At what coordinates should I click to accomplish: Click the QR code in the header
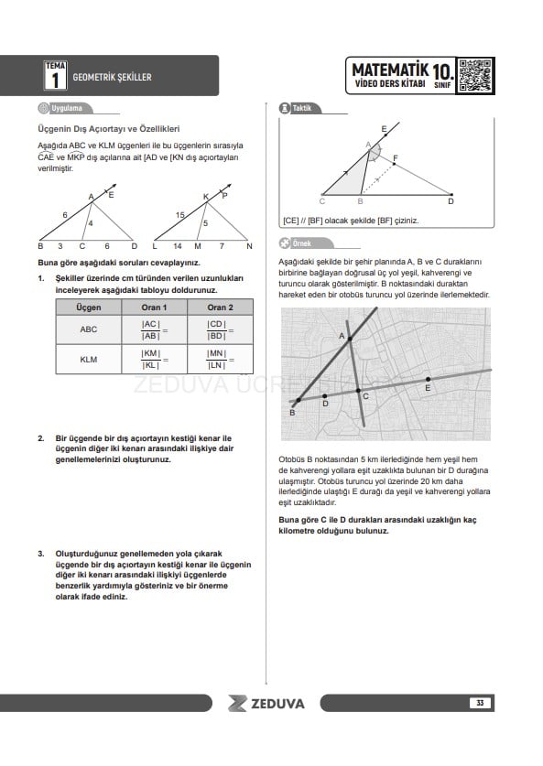474,75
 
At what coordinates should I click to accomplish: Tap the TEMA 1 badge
56,75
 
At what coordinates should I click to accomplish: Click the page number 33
480,703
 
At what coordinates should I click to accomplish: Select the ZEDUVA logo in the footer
266,704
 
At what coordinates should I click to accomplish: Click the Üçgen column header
89,307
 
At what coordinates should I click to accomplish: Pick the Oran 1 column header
154,307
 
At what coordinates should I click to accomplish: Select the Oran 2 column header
220,307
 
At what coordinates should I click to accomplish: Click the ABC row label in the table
89,329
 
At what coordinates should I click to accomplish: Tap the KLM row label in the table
89,359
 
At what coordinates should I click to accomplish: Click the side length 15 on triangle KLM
179,215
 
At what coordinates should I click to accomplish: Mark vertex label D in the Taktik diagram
451,201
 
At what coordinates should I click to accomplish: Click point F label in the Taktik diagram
396,157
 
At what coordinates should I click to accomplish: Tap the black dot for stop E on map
429,379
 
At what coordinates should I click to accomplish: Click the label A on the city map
342,336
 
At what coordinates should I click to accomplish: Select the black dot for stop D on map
324,396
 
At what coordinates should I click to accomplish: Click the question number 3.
41,554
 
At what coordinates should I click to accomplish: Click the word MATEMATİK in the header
390,70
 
